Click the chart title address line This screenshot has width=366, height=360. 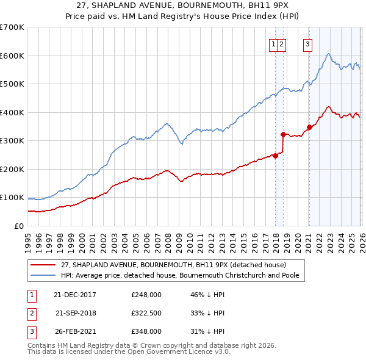[182, 5]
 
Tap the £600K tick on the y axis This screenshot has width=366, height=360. [12, 56]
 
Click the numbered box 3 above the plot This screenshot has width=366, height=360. [308, 43]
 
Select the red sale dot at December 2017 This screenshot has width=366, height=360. [275, 156]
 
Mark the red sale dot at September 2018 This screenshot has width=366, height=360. [283, 134]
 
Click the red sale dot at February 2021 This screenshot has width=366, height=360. [309, 127]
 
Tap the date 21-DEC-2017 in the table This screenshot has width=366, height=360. [74, 295]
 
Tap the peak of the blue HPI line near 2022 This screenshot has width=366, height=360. [328, 54]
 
